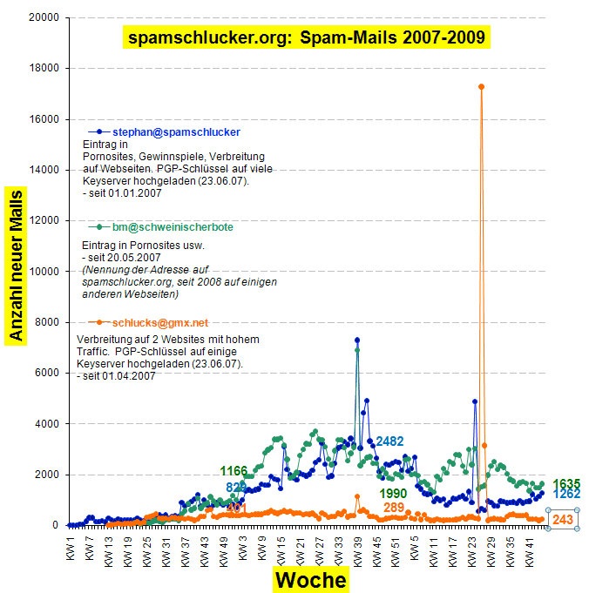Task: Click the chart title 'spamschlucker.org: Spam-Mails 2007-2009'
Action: click(x=307, y=37)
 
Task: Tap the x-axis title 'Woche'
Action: click(x=310, y=580)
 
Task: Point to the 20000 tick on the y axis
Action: click(x=43, y=17)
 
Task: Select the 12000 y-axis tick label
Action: click(x=43, y=220)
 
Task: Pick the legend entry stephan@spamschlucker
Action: click(x=176, y=131)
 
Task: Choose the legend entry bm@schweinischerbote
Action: click(x=173, y=227)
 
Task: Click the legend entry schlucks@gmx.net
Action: click(x=160, y=322)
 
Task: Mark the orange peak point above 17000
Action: click(x=481, y=86)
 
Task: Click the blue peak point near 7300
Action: click(x=357, y=340)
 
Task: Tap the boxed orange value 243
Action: click(x=563, y=520)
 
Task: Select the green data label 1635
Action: click(x=566, y=484)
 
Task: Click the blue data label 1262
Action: click(x=566, y=495)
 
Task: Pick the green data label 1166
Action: click(x=234, y=471)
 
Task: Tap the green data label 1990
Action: click(x=393, y=494)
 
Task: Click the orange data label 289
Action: click(x=394, y=508)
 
